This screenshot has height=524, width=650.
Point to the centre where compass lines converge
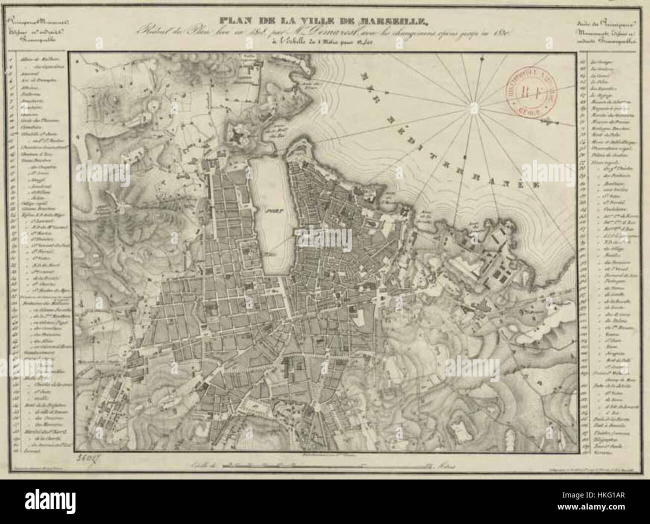pos(472,105)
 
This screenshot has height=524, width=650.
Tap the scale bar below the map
pos(325,464)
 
